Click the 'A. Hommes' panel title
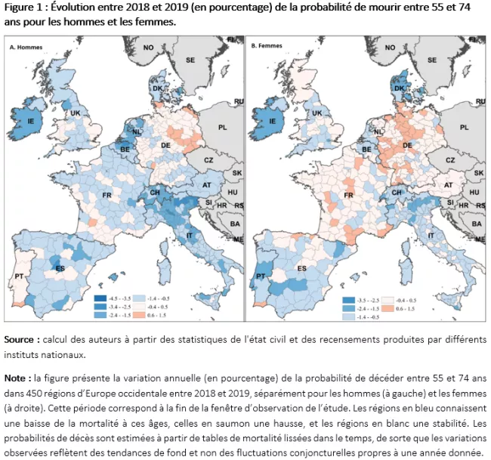(24, 47)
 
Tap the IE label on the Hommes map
(31, 120)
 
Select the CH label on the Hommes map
(156, 193)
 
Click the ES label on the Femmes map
(302, 269)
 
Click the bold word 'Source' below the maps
(20, 338)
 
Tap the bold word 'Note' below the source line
(17, 376)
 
